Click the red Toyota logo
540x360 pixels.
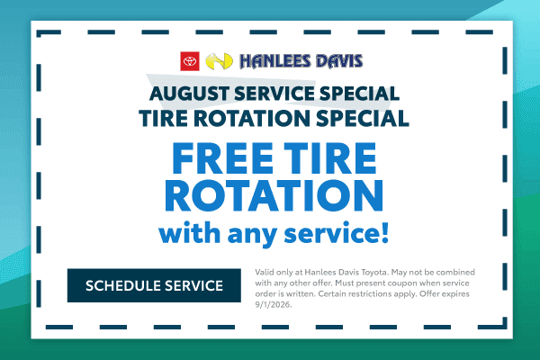click(x=190, y=61)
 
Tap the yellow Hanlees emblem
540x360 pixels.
click(x=219, y=61)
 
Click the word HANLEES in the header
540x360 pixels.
click(x=275, y=61)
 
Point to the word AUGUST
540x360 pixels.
click(x=189, y=94)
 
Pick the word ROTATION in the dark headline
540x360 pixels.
click(x=252, y=119)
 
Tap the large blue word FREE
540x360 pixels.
click(x=222, y=158)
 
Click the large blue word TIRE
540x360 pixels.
click(x=330, y=158)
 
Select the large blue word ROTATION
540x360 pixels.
click(x=274, y=195)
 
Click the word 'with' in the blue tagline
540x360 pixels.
click(x=189, y=233)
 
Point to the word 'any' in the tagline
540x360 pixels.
click(x=252, y=236)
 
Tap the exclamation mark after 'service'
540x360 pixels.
click(x=385, y=233)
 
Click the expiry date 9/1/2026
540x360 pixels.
click(x=273, y=305)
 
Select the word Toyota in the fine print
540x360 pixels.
click(x=374, y=272)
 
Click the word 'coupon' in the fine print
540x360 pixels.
click(x=402, y=283)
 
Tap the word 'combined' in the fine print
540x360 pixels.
click(x=455, y=272)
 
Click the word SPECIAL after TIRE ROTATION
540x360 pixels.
click(x=363, y=119)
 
